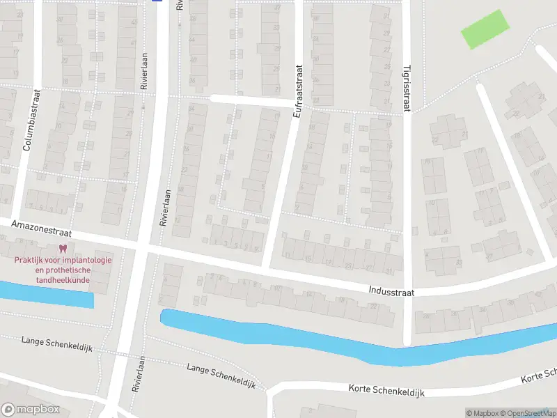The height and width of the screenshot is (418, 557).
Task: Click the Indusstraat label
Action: coord(391,293)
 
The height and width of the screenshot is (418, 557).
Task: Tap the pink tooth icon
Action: coord(63,249)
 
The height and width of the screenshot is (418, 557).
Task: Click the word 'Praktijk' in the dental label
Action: coord(31,260)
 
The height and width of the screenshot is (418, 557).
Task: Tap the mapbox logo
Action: coord(30,410)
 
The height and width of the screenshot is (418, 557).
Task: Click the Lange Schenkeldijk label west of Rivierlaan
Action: coord(52,341)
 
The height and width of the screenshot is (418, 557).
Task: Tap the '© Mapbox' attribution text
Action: coord(483,413)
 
